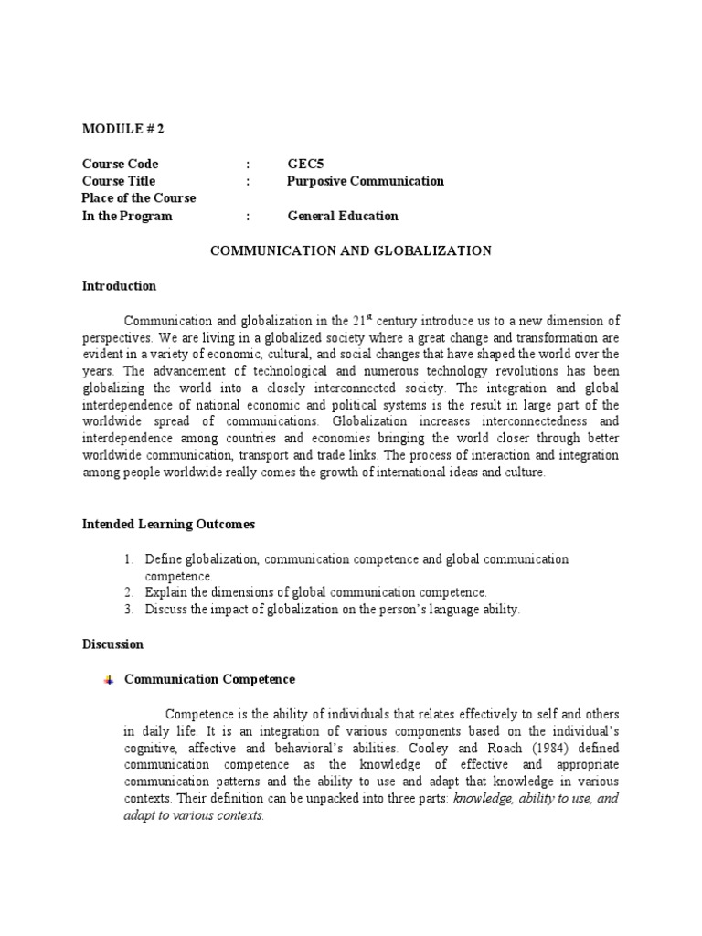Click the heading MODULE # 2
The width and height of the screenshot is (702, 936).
[122, 129]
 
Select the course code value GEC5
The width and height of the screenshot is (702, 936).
[305, 164]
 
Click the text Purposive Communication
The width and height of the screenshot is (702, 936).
[366, 181]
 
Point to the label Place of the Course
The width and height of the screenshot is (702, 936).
[139, 198]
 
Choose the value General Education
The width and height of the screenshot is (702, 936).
[343, 216]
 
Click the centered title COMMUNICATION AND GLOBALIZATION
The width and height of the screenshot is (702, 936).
[351, 250]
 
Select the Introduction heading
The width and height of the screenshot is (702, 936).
[119, 286]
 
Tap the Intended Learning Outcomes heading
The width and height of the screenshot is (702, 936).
[169, 525]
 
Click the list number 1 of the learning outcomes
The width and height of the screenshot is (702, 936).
[131, 558]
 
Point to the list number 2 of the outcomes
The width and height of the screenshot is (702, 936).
[131, 592]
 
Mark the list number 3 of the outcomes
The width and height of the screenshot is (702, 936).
[131, 610]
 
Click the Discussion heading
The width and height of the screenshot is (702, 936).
[112, 644]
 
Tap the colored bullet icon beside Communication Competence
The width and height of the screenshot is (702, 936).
[109, 680]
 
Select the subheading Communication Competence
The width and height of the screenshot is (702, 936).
[209, 679]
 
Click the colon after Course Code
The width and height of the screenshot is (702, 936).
[248, 164]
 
